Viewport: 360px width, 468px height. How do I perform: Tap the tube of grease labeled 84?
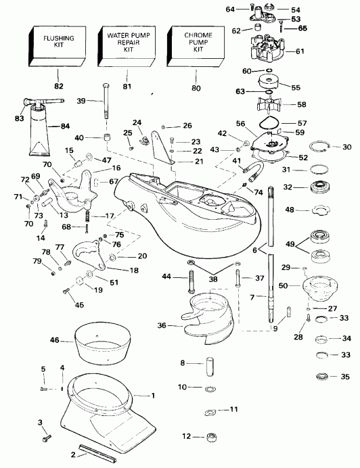(43, 135)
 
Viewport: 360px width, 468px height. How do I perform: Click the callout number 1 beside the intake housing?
(154, 395)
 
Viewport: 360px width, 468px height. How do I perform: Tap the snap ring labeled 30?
(321, 147)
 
